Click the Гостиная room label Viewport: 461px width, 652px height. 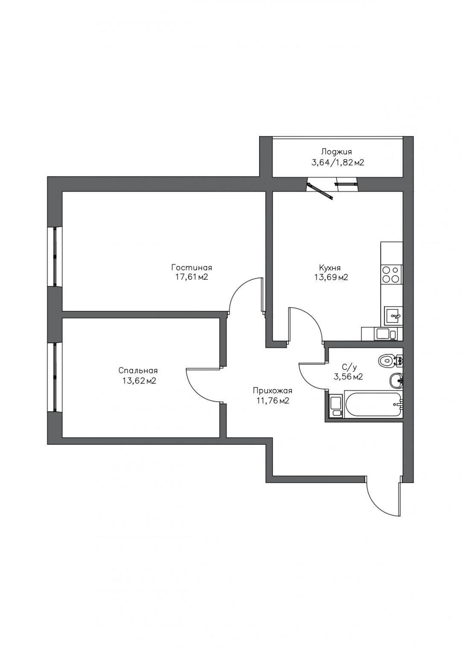click(x=191, y=267)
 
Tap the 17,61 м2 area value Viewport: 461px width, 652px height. click(x=191, y=277)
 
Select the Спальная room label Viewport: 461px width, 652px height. click(x=138, y=371)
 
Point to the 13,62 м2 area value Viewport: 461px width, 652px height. click(x=138, y=381)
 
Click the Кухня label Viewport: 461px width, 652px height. click(x=330, y=267)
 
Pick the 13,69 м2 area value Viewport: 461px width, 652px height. click(x=330, y=278)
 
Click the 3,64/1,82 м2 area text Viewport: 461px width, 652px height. click(x=338, y=162)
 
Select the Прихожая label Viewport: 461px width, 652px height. click(x=272, y=391)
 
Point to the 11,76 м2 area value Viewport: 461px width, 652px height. click(x=272, y=401)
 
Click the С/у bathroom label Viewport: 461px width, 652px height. click(x=348, y=367)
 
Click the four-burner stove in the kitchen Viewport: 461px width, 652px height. click(x=391, y=275)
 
